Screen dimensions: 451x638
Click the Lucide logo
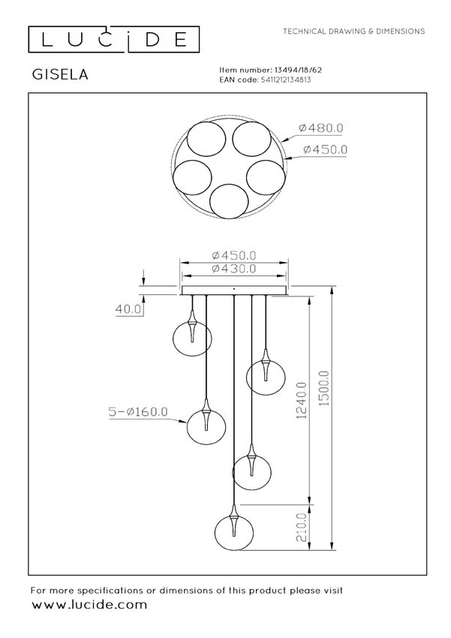(113, 40)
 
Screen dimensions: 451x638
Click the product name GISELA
(60, 74)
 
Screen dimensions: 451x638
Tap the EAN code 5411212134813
(284, 80)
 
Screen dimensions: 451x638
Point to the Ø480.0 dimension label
(321, 128)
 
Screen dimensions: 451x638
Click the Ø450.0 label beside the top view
(326, 149)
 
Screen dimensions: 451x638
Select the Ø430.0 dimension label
(234, 269)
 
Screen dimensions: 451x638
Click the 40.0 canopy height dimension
(128, 309)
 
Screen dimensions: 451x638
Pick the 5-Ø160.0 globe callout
(138, 412)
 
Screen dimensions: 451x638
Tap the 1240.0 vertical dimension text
(302, 400)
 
